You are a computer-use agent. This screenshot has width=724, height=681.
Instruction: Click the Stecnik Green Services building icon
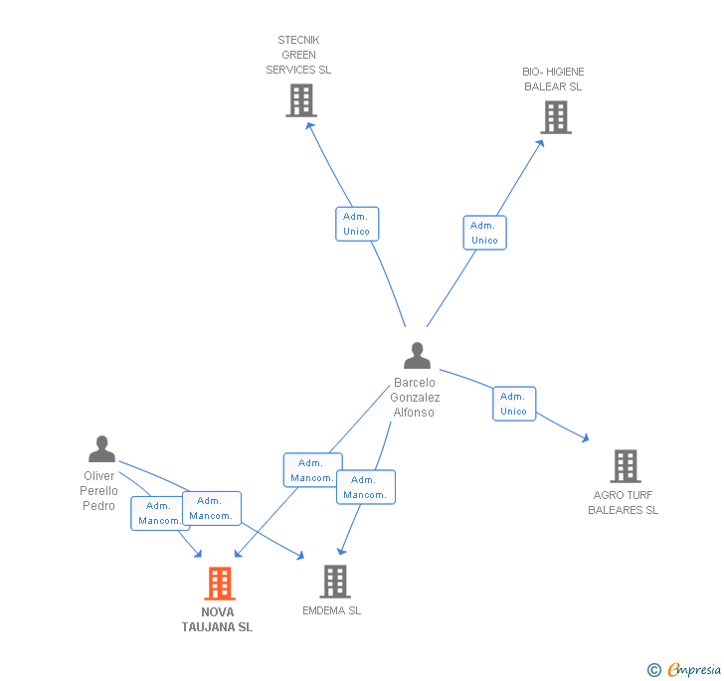(x=300, y=100)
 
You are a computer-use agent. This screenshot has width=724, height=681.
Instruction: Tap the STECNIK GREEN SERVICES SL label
(x=298, y=56)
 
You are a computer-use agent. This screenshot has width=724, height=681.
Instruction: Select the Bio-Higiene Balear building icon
(x=555, y=117)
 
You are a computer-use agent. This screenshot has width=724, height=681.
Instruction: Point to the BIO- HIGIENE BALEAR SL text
(x=553, y=80)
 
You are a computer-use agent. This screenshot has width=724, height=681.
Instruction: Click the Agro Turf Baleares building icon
(x=625, y=465)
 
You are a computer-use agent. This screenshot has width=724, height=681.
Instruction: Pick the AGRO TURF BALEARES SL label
(x=624, y=503)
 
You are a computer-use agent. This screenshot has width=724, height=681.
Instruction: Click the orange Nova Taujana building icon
(x=219, y=583)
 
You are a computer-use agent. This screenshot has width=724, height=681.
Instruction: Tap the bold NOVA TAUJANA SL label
(x=217, y=619)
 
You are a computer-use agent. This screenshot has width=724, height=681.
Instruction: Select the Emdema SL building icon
(x=335, y=582)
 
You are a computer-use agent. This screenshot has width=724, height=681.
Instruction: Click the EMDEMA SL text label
(x=331, y=610)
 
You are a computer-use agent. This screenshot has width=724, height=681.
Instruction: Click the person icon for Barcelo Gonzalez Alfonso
(x=417, y=356)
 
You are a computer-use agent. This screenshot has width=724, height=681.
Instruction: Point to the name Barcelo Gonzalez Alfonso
(x=415, y=398)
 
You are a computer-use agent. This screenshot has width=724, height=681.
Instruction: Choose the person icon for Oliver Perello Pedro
(x=101, y=449)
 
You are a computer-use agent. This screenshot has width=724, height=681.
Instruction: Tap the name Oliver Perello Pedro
(x=99, y=491)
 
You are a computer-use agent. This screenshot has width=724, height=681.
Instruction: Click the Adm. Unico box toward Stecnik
(x=356, y=224)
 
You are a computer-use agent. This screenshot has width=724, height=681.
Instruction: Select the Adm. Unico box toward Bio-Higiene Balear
(x=484, y=233)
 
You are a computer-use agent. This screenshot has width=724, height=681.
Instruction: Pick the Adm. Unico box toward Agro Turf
(x=513, y=404)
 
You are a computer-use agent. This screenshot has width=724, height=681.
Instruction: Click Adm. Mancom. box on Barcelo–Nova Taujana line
(x=312, y=470)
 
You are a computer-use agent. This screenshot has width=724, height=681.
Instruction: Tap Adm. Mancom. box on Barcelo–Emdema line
(x=365, y=487)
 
